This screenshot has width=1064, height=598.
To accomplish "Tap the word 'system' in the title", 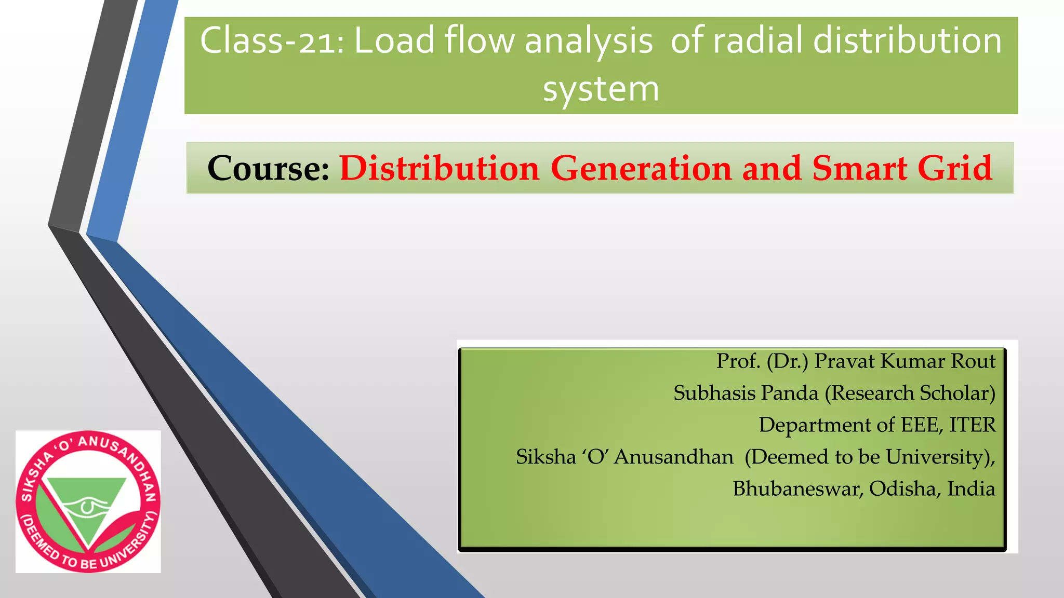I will point(601,89).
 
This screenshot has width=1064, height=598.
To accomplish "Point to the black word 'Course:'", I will point(269,168).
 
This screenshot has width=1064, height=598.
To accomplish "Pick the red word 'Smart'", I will point(859,168).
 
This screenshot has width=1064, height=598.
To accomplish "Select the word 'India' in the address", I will point(971,489).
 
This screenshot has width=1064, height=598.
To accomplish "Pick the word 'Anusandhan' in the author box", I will point(674,457).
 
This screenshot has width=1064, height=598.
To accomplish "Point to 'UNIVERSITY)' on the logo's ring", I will point(128,542).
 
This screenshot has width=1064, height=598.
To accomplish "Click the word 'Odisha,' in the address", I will point(905,489).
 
